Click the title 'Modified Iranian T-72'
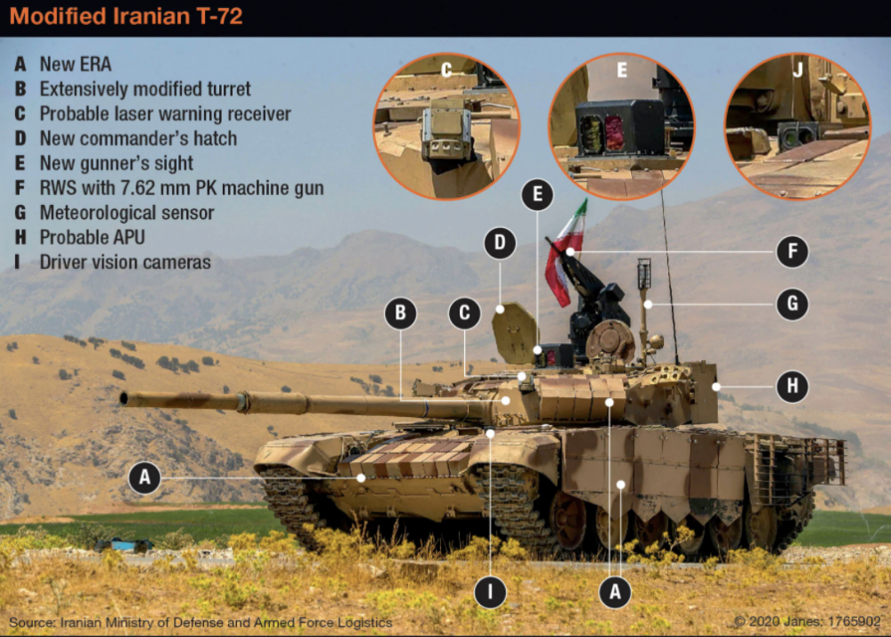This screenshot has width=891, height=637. point(127,16)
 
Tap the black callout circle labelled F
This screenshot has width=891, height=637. point(792,251)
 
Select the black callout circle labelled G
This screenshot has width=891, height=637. point(792,304)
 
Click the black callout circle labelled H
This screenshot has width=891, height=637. point(792,387)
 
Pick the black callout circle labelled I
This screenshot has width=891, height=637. point(490,592)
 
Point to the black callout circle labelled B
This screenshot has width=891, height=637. point(401,313)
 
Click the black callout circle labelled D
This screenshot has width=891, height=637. point(500,243)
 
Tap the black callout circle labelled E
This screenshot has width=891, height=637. point(537,194)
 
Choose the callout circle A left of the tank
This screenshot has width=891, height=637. point(145,478)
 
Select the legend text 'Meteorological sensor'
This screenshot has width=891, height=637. point(127,213)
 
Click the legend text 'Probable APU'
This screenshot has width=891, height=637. point(92,237)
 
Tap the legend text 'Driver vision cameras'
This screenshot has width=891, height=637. point(125,262)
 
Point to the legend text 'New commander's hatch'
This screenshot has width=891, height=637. point(138,138)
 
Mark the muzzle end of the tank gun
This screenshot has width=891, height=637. point(124,398)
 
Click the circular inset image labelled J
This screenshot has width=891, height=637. point(797,127)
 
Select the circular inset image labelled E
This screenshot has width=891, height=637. point(621,127)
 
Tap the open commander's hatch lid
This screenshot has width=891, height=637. point(514,333)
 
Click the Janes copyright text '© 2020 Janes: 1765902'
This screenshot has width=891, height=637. point(807,621)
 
